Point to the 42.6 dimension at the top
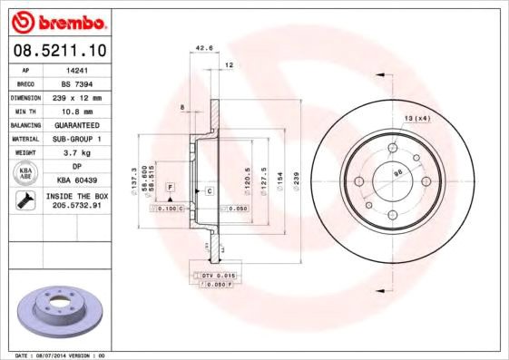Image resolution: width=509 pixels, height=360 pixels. pyautogui.click(x=204, y=49)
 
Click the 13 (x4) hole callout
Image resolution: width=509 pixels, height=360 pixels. pyautogui.click(x=416, y=118)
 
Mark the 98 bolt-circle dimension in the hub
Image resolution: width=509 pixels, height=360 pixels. pyautogui.click(x=397, y=173)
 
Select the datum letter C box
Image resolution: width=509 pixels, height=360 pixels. pyautogui.click(x=209, y=190)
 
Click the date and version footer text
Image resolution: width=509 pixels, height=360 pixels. pyautogui.click(x=62, y=355)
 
